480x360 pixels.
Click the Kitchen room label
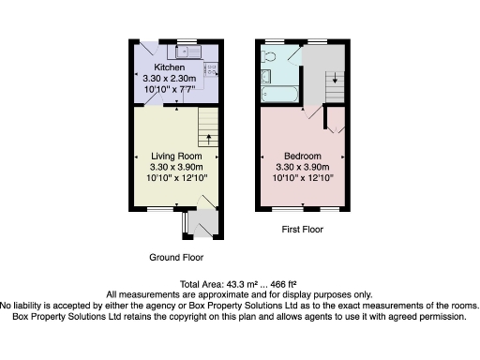[170, 67]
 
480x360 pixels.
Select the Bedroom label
[303, 156]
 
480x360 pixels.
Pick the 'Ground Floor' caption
[176, 257]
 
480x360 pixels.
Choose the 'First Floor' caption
[303, 229]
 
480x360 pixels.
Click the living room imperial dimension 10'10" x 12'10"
[176, 177]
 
